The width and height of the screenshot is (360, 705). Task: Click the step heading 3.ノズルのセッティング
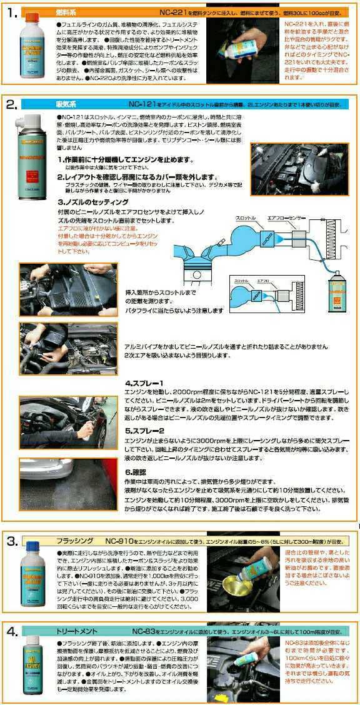(x=93, y=202)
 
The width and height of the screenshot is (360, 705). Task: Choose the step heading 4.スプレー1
(x=144, y=382)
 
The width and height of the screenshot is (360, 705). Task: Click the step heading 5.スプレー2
(x=144, y=431)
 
